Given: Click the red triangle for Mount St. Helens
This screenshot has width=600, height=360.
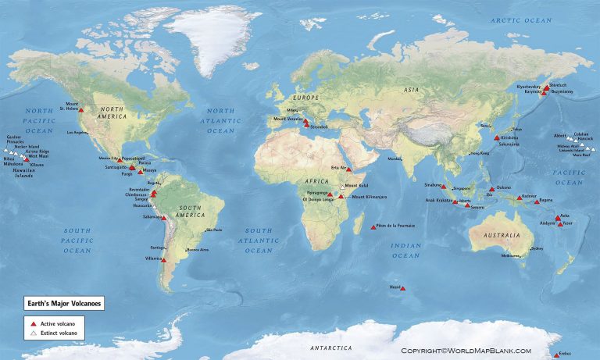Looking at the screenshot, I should click(81, 111).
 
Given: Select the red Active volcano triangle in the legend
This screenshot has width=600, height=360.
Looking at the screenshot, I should click(34, 323).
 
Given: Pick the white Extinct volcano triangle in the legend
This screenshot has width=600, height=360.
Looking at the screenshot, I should click(34, 333).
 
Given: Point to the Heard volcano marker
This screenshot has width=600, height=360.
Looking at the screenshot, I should click(403, 288).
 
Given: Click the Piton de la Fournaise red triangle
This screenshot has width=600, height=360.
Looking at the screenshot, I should click(373, 228).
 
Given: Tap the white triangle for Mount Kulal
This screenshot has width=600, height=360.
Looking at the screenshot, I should click(341, 187).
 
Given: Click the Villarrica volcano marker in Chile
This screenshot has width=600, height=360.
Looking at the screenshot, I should click(163, 261).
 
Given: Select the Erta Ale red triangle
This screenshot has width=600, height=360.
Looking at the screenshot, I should click(349, 169).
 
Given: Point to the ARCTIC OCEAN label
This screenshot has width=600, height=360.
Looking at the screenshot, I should click(520, 19).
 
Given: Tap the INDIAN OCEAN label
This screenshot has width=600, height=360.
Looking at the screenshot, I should click(405, 250).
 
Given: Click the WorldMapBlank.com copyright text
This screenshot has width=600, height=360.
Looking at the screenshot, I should click(466, 351).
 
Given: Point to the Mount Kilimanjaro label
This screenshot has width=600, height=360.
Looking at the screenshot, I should click(370, 197).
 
